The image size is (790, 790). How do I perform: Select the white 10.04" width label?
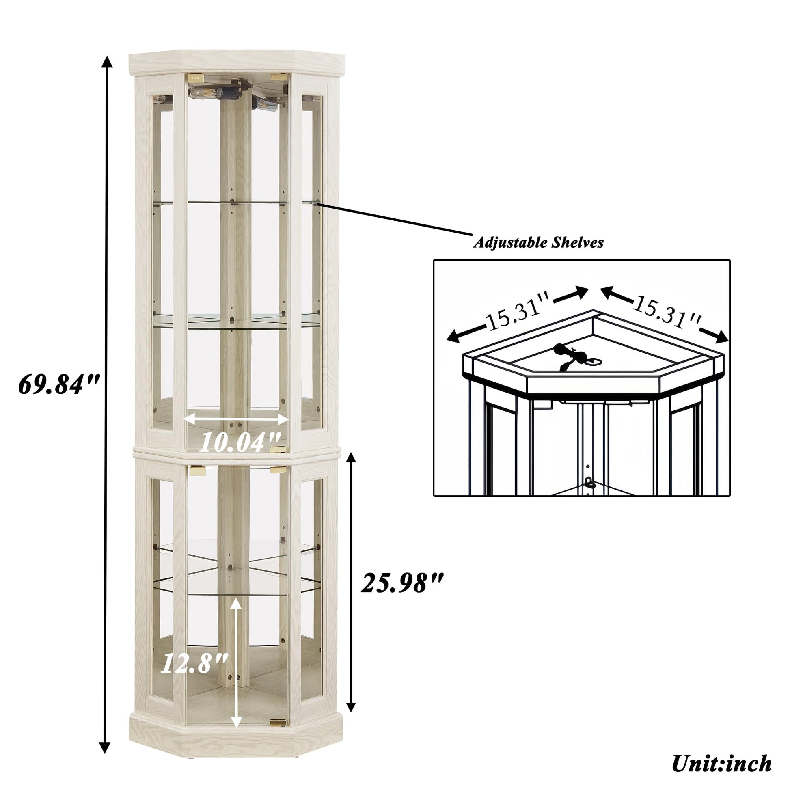(240, 442)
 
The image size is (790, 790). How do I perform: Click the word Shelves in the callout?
(577, 242)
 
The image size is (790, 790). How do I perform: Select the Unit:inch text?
(722, 763)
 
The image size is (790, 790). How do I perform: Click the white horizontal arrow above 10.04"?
(236, 418)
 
